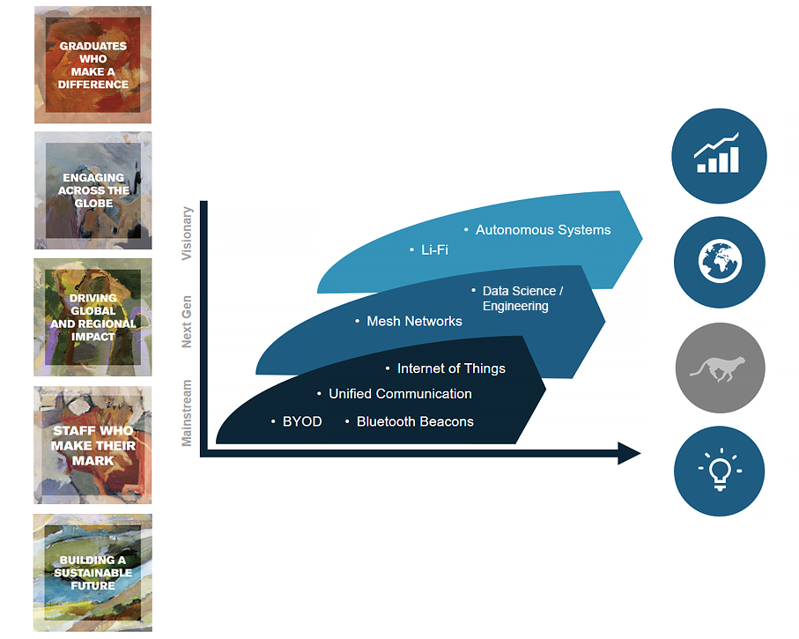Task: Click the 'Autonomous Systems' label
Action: [543, 230]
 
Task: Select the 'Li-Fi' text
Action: [434, 250]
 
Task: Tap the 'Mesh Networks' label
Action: [414, 322]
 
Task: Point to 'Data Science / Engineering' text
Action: [522, 299]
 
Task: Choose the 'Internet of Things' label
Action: [451, 368]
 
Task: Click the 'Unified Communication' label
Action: [400, 394]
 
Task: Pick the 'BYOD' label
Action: [302, 422]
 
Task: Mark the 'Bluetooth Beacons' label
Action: [415, 422]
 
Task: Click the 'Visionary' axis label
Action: [187, 234]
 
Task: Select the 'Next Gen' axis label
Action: [187, 322]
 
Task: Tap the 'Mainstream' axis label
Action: [187, 412]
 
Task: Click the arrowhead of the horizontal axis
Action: [628, 453]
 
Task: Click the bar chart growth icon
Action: [719, 156]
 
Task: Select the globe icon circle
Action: [719, 262]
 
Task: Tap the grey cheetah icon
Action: [720, 368]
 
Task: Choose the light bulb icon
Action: [719, 471]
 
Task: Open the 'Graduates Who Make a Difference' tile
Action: [92, 65]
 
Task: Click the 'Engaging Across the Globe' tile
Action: [92, 190]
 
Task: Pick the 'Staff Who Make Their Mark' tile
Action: [92, 445]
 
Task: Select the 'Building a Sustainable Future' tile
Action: [92, 573]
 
